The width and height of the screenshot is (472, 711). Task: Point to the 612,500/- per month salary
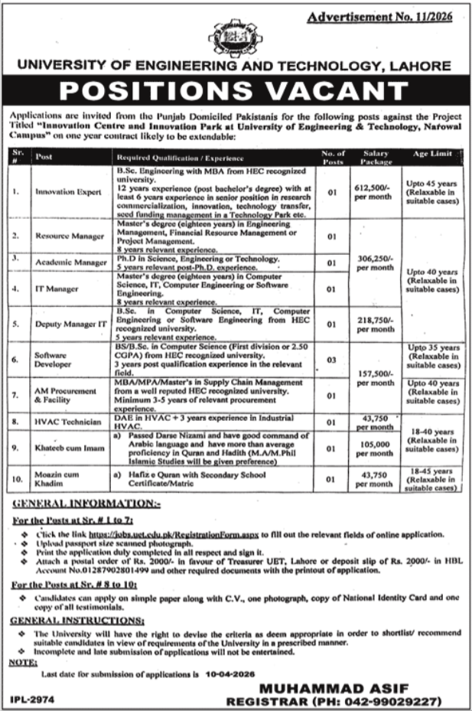(x=376, y=194)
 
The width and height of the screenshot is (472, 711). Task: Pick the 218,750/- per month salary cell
(x=376, y=323)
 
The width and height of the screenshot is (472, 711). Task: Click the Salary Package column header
(x=376, y=157)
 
